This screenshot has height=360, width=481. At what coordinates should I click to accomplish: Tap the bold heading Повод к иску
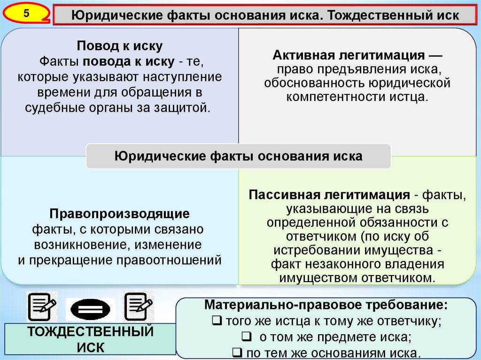(120, 46)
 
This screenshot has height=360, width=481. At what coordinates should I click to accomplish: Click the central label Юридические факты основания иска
(238, 156)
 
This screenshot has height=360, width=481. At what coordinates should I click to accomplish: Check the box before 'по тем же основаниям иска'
(237, 352)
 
